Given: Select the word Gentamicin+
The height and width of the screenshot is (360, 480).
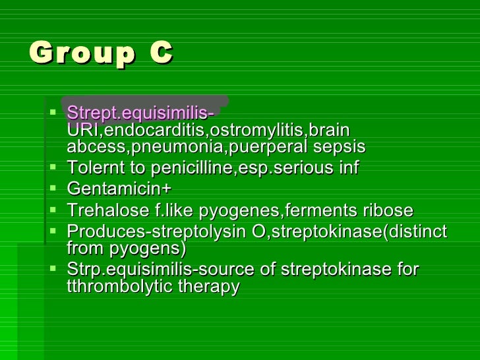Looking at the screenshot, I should pos(119,189).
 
